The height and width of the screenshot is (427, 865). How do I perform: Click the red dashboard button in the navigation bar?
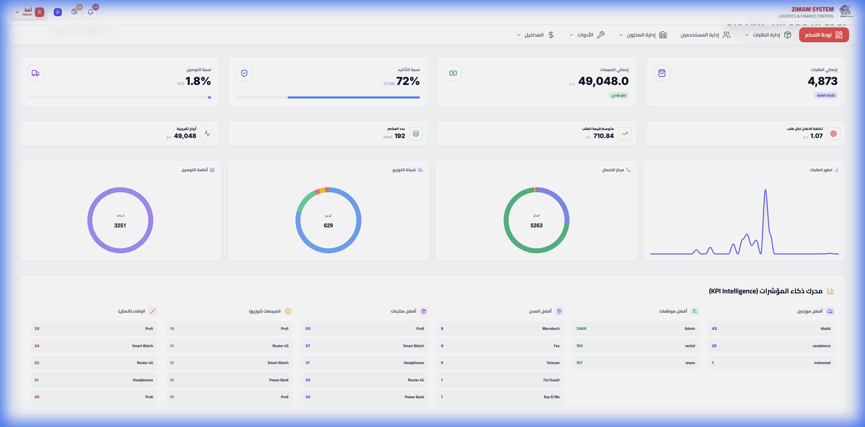[x=823, y=35]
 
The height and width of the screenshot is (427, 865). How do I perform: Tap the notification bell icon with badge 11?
[x=91, y=12]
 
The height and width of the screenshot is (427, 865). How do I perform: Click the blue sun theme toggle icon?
[x=58, y=12]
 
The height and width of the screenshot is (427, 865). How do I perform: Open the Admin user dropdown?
[x=29, y=12]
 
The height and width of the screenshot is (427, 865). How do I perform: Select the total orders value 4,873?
[x=822, y=81]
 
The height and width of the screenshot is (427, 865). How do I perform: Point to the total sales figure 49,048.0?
[x=603, y=81]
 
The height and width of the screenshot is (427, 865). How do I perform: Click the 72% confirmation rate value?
[x=408, y=81]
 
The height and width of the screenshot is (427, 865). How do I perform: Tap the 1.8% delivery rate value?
[x=198, y=81]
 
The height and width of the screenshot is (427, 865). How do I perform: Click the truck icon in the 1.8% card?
[x=35, y=73]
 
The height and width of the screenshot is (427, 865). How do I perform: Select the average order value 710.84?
[x=603, y=136]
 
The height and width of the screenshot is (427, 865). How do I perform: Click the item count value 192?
[x=399, y=136]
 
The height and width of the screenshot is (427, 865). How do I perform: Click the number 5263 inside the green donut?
[x=536, y=226]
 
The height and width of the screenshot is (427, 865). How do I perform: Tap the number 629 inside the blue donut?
[x=328, y=226]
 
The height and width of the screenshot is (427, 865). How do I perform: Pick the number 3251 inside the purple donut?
[x=120, y=226]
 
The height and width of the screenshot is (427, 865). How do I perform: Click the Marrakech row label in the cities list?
[x=551, y=329]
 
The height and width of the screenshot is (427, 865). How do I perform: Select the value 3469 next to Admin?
[x=581, y=329]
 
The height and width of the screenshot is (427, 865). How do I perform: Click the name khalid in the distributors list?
[x=825, y=329]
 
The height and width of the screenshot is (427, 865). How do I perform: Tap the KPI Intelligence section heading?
[x=765, y=291]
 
